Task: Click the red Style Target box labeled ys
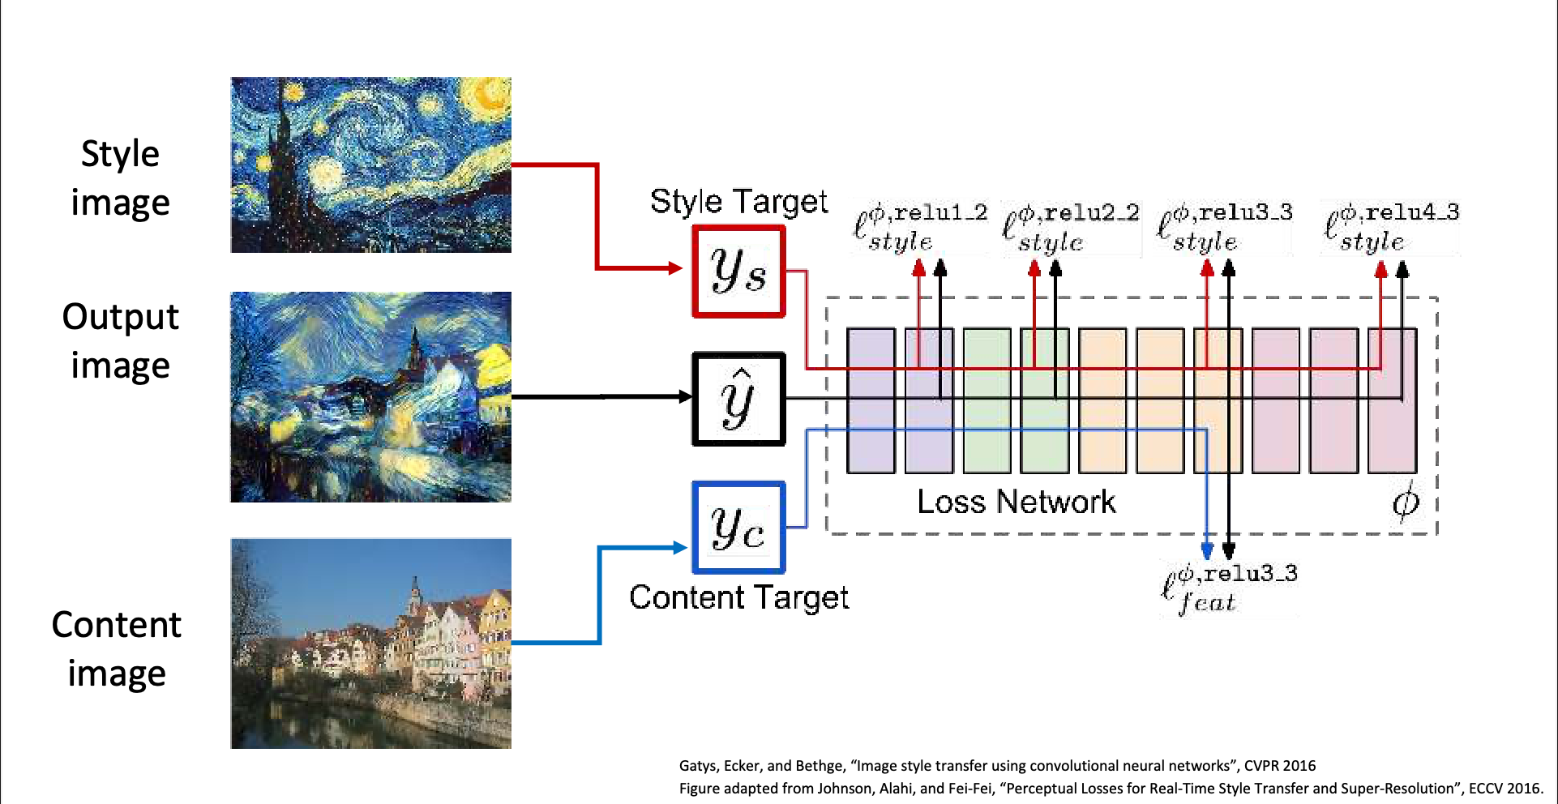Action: [738, 271]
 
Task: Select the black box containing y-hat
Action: [738, 399]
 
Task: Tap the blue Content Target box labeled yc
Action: [738, 528]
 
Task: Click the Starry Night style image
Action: [370, 165]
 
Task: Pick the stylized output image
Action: [370, 396]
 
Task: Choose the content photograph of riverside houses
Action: [370, 643]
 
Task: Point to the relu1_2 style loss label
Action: [920, 227]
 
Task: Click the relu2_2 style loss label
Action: [1071, 228]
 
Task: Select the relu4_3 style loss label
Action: [1391, 227]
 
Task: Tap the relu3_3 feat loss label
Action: [1229, 588]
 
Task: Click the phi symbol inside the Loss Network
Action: [1406, 502]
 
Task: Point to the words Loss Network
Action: [1016, 502]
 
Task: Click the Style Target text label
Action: [738, 201]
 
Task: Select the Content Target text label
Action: [738, 597]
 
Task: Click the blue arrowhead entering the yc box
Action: [680, 547]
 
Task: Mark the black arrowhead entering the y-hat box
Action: [685, 396]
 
